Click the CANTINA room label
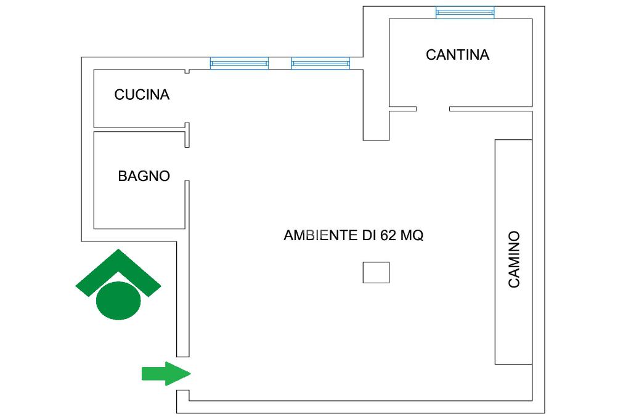coord(457,55)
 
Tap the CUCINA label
coord(142,95)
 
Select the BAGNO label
coord(144,176)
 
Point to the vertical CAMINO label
coord(514,259)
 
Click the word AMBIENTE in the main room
coord(322,235)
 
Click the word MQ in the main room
coord(411,235)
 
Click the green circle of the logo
coord(118,300)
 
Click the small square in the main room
coord(376,272)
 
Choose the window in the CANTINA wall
coord(465,12)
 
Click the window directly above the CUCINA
coord(239,63)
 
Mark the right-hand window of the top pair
coord(320,63)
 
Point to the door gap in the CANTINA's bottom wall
coord(433,109)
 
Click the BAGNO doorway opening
coord(187,164)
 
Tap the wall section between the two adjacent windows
coord(280,63)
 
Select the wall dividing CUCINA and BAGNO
coord(140,129)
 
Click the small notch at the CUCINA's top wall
coord(187,72)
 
